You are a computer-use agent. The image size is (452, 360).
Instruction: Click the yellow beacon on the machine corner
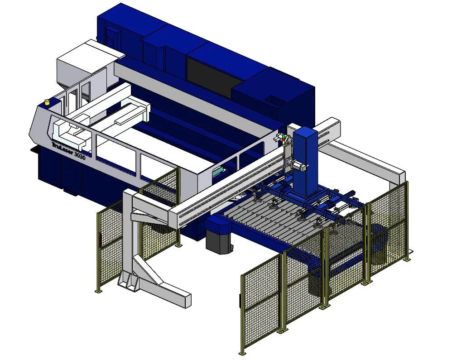point(47,102)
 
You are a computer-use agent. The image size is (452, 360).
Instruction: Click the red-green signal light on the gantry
point(284,139)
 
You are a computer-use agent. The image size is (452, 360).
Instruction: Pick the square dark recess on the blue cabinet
point(272,101)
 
